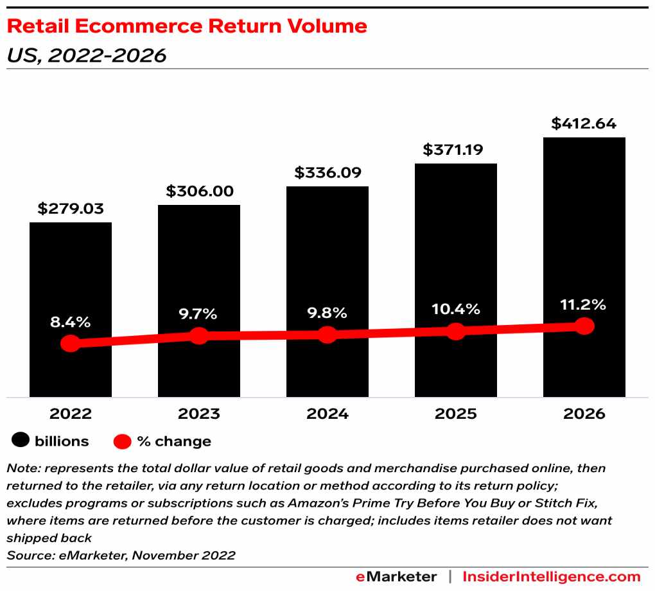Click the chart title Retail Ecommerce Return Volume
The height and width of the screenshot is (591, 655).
pyautogui.click(x=187, y=26)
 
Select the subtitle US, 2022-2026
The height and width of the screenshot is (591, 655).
pyautogui.click(x=86, y=56)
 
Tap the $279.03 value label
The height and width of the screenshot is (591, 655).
pyautogui.click(x=71, y=209)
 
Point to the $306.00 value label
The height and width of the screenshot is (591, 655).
pyautogui.click(x=199, y=191)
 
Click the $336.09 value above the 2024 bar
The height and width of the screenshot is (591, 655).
pyautogui.click(x=327, y=173)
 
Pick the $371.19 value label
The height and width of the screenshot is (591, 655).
pyautogui.click(x=456, y=150)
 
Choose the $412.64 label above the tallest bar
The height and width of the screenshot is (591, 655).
pyautogui.click(x=584, y=123)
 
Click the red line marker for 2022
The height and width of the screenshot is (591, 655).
pyautogui.click(x=71, y=344)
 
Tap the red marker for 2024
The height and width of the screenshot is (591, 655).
pyautogui.click(x=327, y=335)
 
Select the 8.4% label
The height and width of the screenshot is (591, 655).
pyautogui.click(x=71, y=322)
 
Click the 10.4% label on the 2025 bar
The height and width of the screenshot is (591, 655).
pyautogui.click(x=456, y=310)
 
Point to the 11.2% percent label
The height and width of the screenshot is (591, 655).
pyautogui.click(x=584, y=304)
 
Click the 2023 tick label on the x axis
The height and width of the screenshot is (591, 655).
pyautogui.click(x=199, y=414)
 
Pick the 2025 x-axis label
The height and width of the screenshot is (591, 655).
pyautogui.click(x=456, y=414)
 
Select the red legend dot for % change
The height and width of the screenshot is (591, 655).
pyautogui.click(x=123, y=441)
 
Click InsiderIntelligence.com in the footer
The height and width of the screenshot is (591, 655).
pyautogui.click(x=552, y=576)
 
